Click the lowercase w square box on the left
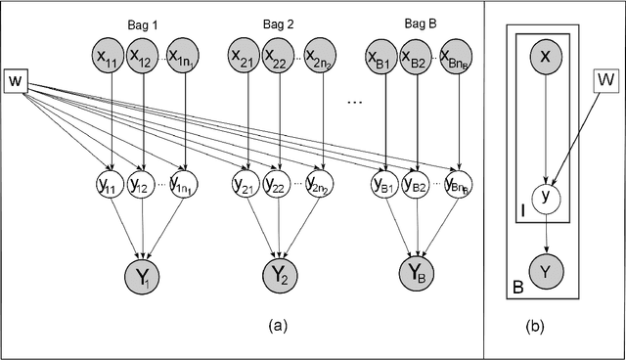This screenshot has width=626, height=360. (x=15, y=79)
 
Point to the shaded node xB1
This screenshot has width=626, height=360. (x=384, y=53)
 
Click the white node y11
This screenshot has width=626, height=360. (x=114, y=182)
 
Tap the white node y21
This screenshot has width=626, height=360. (x=248, y=182)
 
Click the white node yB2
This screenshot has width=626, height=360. (x=419, y=182)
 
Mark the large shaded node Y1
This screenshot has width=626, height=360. (x=146, y=274)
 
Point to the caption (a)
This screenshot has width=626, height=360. (x=277, y=322)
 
